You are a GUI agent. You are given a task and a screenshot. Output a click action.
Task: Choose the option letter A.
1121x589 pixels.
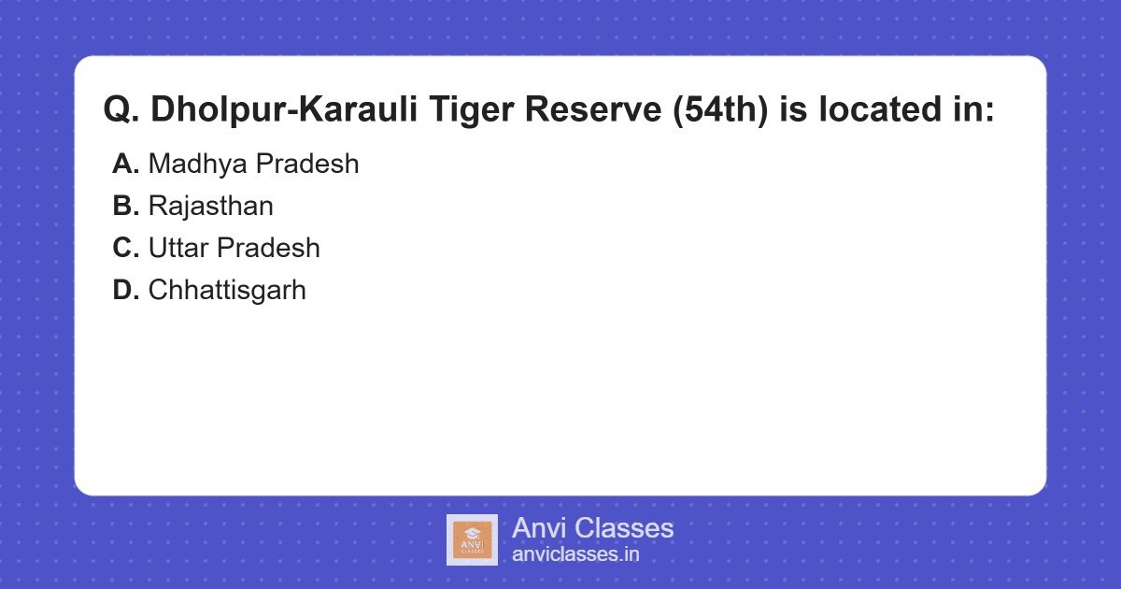coord(125,164)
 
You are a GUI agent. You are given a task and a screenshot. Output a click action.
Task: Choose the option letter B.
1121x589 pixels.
coord(125,206)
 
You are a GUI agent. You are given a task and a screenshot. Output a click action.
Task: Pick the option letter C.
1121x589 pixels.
coord(125,248)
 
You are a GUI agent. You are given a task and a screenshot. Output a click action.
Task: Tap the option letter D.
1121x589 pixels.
coord(125,290)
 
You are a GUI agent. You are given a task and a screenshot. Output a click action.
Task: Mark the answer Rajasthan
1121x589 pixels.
coord(210,206)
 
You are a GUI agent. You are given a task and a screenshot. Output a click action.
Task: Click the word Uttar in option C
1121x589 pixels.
coord(178,248)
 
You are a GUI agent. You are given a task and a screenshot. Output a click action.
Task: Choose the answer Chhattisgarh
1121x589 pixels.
coord(227,290)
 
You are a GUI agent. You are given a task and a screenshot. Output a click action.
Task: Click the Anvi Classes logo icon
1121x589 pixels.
coord(472,539)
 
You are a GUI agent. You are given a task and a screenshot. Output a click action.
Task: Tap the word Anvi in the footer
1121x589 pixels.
coord(538,528)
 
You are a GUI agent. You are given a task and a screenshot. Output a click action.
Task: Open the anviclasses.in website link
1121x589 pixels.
coord(575,554)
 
